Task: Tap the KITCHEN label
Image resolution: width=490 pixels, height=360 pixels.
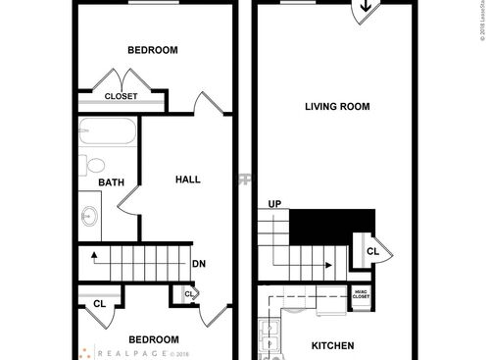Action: tap(332, 345)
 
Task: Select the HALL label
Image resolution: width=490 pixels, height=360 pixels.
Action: tap(187, 180)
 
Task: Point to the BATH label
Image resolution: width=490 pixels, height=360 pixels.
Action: tap(110, 182)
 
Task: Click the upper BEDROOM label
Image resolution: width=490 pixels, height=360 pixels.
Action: tap(153, 50)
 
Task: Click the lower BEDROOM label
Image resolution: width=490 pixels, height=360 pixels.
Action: tap(155, 338)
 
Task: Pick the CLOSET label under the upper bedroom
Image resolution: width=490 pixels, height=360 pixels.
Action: tap(122, 96)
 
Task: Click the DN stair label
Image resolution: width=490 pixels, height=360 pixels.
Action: tap(198, 263)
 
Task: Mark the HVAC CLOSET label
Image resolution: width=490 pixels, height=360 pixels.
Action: tap(361, 296)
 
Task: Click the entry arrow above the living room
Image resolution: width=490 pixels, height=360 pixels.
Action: tap(364, 9)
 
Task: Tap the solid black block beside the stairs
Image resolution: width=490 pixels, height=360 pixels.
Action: tap(335, 225)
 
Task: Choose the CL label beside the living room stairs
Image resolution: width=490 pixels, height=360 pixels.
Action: tap(372, 250)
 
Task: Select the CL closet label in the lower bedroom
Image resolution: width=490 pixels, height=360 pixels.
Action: tap(99, 303)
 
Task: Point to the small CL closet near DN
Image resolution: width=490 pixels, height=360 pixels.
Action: tap(188, 293)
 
